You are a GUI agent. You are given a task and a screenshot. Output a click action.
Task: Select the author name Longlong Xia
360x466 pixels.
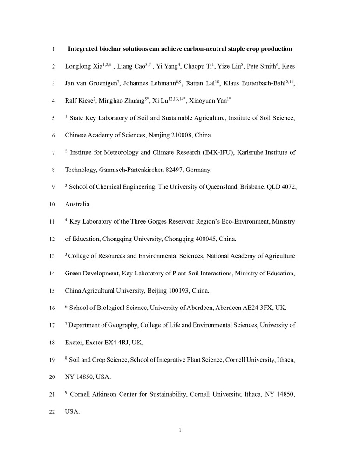(83, 66)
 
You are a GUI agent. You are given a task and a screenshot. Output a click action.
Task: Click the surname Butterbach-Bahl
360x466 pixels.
(260, 84)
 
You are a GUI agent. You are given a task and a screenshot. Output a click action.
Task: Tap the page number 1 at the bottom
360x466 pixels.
(180, 430)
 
